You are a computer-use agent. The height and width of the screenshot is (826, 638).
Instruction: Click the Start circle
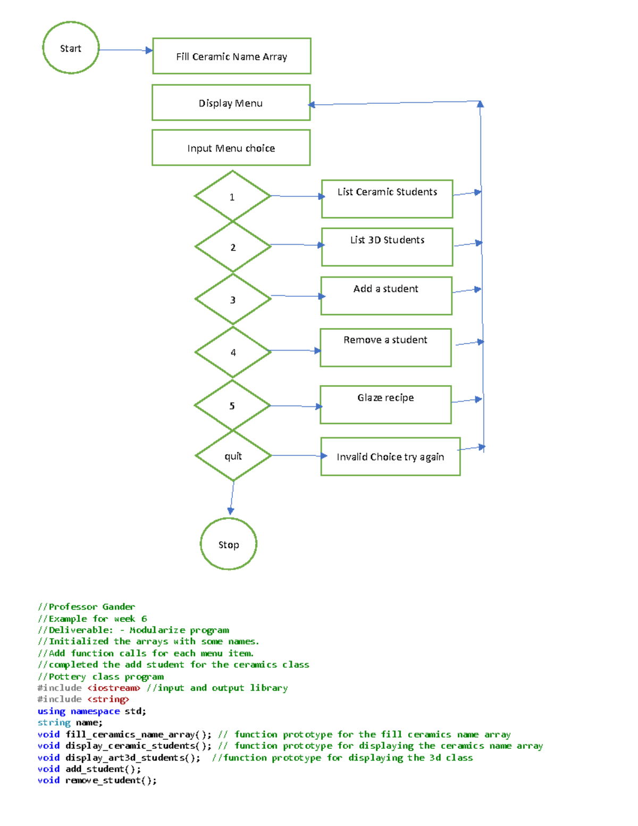point(71,48)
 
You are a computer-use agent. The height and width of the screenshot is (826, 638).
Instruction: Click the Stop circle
point(229,544)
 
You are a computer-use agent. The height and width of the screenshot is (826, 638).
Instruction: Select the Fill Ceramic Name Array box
point(231,56)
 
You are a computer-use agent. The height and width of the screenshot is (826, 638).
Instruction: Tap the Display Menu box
point(231,103)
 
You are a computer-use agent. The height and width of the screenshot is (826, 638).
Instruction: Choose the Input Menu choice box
point(231,148)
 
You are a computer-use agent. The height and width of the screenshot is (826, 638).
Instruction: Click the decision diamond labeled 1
point(232,196)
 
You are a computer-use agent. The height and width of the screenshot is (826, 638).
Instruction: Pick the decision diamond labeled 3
point(233,299)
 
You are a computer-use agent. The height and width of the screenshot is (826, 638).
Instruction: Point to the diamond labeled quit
point(233,456)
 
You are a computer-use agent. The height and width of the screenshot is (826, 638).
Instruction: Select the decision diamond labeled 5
point(232,405)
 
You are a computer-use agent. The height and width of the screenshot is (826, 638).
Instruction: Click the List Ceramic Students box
point(387,199)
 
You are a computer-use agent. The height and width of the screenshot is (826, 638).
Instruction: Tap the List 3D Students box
point(387,247)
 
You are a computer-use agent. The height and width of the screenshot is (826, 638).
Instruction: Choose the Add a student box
point(386,296)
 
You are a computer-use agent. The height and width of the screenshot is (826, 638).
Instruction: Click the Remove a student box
point(385,347)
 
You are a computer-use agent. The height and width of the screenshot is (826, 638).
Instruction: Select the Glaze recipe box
point(385,405)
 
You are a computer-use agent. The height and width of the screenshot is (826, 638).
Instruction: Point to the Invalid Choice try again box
point(390,456)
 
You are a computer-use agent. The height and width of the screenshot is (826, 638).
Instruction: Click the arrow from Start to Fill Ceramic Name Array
point(125,50)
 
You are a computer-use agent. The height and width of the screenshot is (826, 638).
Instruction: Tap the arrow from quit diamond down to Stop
point(232,497)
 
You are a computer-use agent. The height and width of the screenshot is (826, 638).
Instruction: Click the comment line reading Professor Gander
point(86,607)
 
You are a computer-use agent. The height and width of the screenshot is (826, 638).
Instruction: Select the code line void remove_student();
point(97,780)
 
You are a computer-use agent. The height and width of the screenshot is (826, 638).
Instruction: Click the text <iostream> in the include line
point(114,688)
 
